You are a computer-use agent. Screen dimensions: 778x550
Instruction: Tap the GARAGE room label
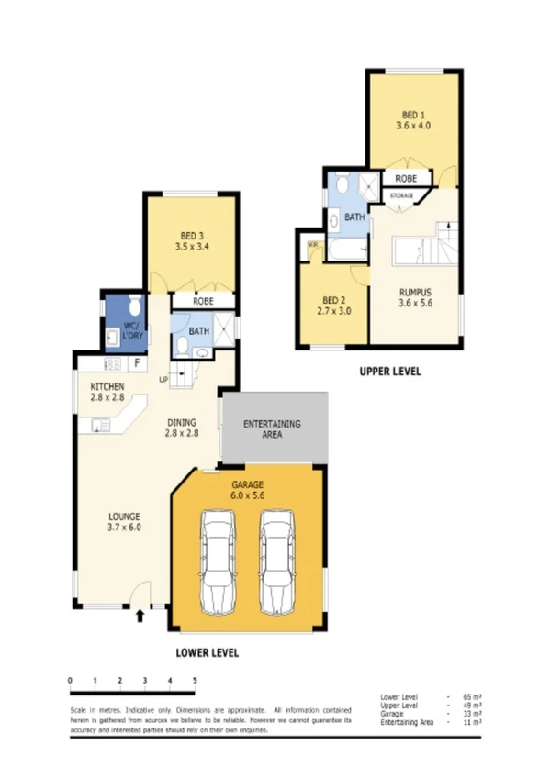point(247,484)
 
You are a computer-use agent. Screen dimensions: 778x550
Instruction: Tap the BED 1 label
point(413,119)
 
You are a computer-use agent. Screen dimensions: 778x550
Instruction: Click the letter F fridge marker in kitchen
point(136,364)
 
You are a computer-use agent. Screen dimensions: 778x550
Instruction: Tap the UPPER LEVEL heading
point(388,372)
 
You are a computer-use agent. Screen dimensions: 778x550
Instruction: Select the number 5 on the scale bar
point(195,680)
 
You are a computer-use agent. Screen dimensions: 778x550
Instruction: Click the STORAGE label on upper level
point(401,196)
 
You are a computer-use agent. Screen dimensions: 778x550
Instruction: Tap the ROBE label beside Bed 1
point(407,178)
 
